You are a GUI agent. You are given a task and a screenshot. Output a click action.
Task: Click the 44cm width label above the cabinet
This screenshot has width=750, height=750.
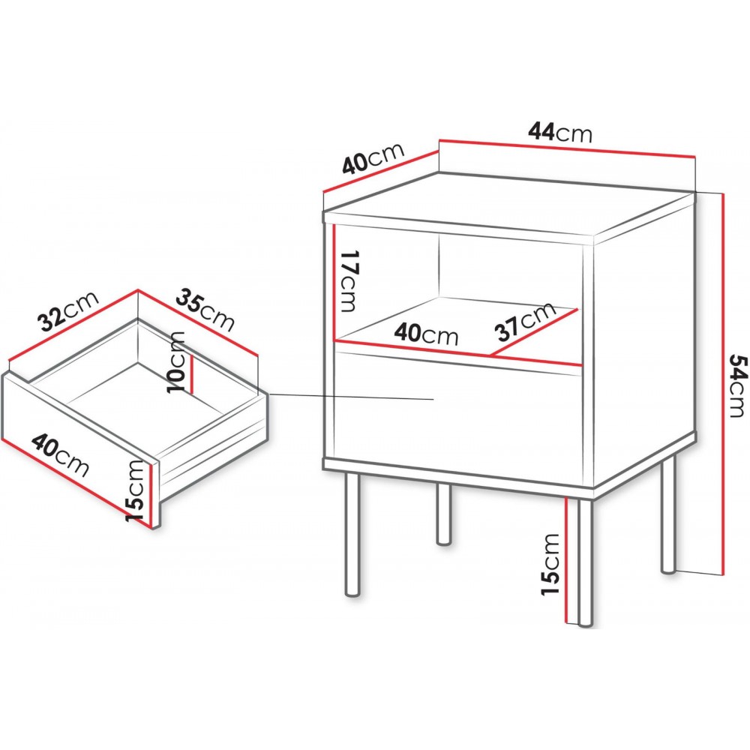[x=560, y=132]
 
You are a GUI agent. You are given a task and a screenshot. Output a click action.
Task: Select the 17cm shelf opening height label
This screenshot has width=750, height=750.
[x=348, y=280]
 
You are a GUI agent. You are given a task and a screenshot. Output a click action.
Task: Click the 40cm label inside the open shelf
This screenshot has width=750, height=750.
[x=426, y=334]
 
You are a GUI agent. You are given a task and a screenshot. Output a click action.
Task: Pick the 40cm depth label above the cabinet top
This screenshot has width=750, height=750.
[x=373, y=157]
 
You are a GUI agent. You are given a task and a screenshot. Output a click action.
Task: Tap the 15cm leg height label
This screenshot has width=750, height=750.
[x=551, y=565]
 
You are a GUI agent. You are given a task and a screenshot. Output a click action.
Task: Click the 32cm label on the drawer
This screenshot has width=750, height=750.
[x=69, y=311]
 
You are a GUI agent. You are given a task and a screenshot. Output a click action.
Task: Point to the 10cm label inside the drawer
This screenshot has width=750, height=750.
[x=175, y=361]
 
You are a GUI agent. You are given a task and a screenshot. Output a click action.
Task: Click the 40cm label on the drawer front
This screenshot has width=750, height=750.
[x=61, y=455]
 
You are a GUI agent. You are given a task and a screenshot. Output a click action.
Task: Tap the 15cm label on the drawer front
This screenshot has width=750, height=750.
[x=135, y=490]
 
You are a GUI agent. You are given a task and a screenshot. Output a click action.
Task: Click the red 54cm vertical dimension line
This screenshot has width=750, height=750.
[x=722, y=382]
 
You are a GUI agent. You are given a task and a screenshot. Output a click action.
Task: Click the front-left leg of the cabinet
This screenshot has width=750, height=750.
[x=352, y=534]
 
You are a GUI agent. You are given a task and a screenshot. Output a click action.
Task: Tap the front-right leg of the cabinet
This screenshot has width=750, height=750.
[x=585, y=562]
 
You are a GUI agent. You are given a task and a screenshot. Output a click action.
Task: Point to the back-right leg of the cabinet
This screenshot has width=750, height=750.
[x=668, y=514]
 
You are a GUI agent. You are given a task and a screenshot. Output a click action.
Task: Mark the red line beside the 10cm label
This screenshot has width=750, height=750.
[x=191, y=373]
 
